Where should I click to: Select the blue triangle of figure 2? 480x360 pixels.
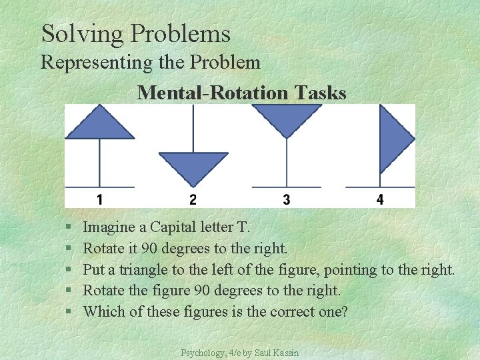[x=193, y=166]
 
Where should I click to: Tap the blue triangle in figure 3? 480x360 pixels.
[x=286, y=118]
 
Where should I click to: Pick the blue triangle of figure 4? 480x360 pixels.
[x=393, y=139]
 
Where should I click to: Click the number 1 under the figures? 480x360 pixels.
[x=99, y=199]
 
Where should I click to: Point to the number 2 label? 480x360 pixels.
[x=193, y=199]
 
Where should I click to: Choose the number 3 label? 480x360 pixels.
[x=286, y=199]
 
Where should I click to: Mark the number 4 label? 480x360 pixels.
[x=380, y=199]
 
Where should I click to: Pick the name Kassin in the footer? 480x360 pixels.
[x=286, y=351]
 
